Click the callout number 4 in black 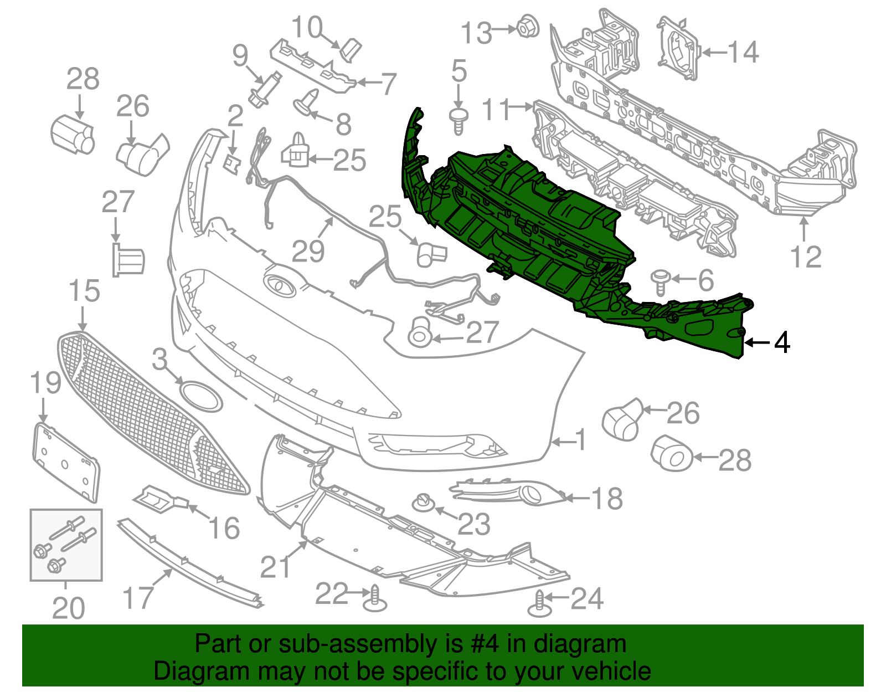click(782, 343)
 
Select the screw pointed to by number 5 click(459, 121)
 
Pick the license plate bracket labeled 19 click(65, 462)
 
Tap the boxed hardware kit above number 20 click(66, 545)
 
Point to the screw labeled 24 click(539, 604)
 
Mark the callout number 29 click(308, 252)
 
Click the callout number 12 click(806, 257)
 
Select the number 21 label click(276, 567)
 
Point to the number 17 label click(138, 598)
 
